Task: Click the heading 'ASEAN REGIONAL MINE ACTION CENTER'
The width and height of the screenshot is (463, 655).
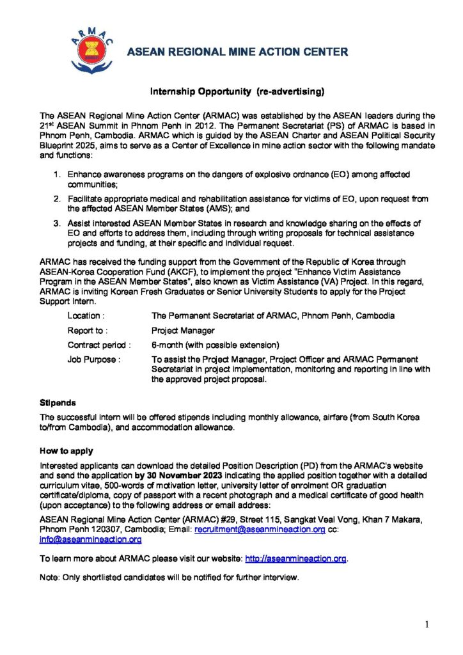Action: tap(237, 52)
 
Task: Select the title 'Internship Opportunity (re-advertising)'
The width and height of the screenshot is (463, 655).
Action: tap(237, 92)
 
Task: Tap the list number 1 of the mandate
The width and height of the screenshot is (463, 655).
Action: tap(57, 174)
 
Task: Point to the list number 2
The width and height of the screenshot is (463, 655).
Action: tap(57, 199)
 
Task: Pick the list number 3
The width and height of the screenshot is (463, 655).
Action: tap(57, 223)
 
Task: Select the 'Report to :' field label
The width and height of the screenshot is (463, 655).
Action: tap(88, 331)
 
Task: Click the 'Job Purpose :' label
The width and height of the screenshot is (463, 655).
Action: tap(93, 359)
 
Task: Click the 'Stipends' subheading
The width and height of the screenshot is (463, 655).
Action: tap(58, 403)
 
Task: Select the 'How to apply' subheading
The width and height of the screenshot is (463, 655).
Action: tap(66, 451)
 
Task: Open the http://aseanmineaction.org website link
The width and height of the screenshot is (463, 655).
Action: tap(295, 558)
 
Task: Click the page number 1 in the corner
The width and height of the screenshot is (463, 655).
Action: tap(427, 624)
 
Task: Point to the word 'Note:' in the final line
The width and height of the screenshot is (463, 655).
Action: tap(50, 578)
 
